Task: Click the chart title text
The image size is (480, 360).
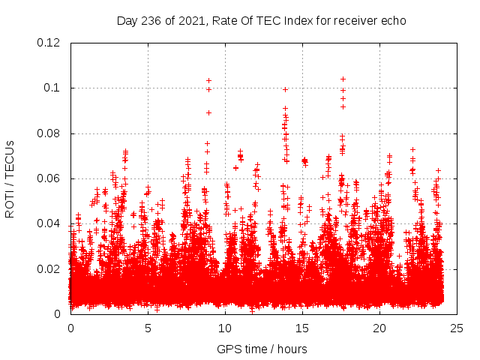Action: tap(261, 20)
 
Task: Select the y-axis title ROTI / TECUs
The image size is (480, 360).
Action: tap(10, 178)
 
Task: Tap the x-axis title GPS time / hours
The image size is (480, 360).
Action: tap(261, 349)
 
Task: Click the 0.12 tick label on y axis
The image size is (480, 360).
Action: tap(49, 43)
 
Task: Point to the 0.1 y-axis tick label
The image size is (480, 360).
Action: tap(53, 88)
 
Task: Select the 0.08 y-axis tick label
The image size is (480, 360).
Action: tap(49, 133)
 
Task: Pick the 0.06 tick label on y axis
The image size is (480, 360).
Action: tap(49, 178)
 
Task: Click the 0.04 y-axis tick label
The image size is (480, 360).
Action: tap(49, 223)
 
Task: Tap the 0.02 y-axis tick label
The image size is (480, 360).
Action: tap(49, 268)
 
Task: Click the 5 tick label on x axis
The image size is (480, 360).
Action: tap(148, 328)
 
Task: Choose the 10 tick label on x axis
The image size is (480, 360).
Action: tap(225, 328)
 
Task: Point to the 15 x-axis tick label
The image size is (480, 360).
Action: tap(302, 328)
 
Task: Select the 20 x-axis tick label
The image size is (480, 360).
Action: tap(379, 328)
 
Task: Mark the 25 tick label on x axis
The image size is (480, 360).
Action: tap(457, 328)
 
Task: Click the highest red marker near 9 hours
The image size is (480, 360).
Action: tap(208, 80)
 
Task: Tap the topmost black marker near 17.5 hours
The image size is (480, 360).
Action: tap(343, 79)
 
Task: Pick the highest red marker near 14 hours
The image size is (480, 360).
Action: tap(285, 89)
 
